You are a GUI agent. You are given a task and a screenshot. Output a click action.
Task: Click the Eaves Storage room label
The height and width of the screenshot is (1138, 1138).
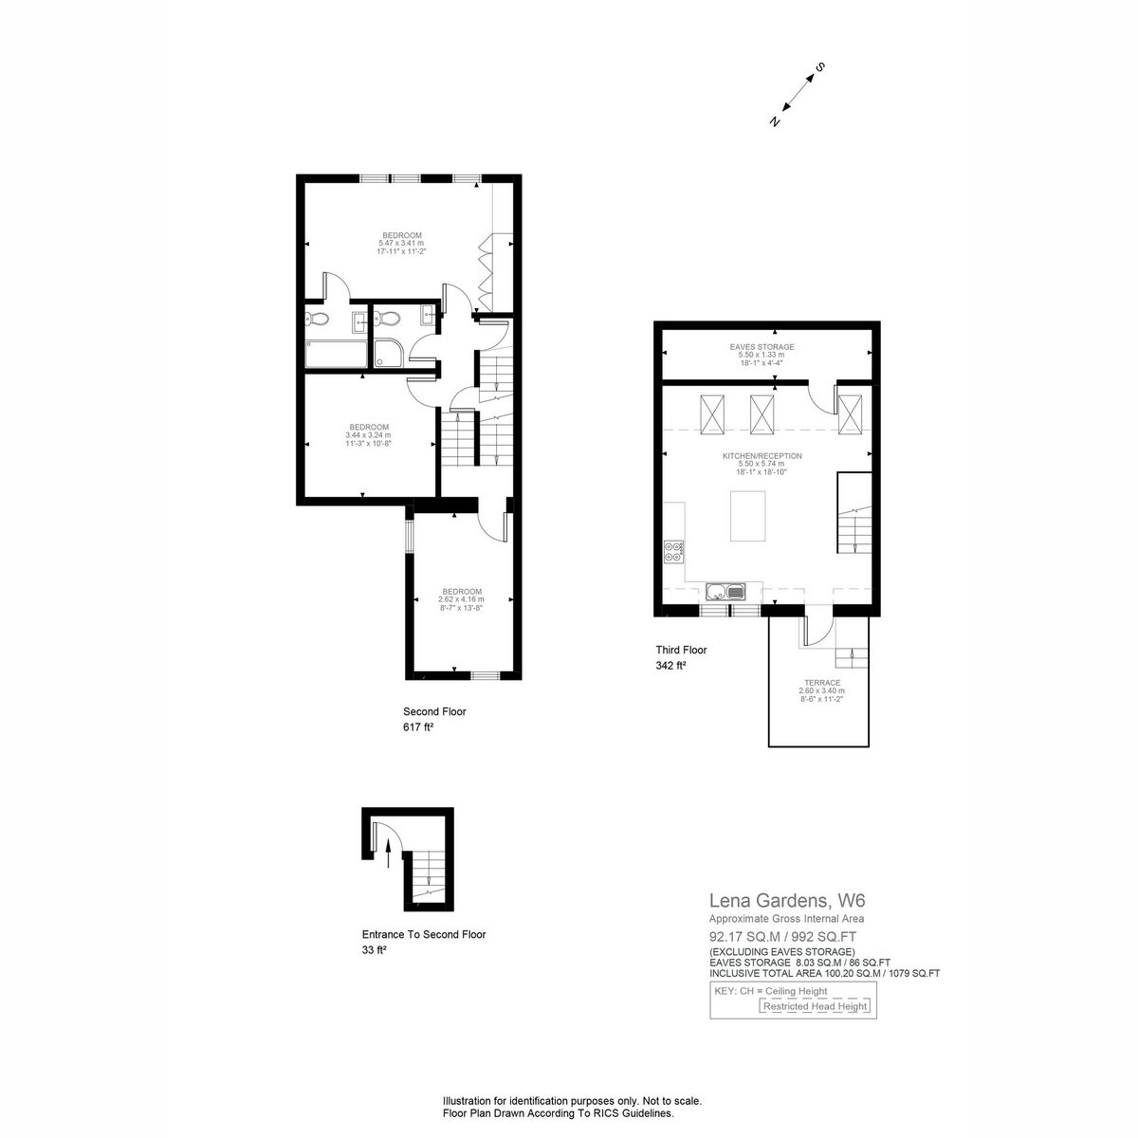pyautogui.click(x=762, y=347)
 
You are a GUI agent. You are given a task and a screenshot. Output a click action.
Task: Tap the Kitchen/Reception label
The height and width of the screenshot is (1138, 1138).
pyautogui.click(x=762, y=456)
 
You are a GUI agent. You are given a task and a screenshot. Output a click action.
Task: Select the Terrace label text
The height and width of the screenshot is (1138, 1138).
pyautogui.click(x=822, y=683)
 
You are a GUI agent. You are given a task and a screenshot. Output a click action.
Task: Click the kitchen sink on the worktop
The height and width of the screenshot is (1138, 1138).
pyautogui.click(x=726, y=591)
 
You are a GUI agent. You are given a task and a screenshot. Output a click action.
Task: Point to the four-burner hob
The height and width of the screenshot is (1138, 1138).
pyautogui.click(x=674, y=552)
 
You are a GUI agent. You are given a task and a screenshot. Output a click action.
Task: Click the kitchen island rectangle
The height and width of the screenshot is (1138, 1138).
pyautogui.click(x=747, y=516)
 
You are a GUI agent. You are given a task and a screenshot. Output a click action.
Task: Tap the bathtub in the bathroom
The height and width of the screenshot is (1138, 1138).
pyautogui.click(x=336, y=354)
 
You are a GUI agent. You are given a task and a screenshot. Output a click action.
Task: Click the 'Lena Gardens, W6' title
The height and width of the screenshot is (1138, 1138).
pyautogui.click(x=787, y=901)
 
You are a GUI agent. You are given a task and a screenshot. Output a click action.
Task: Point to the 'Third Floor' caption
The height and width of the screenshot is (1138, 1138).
pyautogui.click(x=681, y=651)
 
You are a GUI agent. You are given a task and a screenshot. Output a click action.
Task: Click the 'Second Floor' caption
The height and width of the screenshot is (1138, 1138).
pyautogui.click(x=434, y=711)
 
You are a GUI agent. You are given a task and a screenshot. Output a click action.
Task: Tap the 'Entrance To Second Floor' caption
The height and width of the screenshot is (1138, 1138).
pyautogui.click(x=424, y=935)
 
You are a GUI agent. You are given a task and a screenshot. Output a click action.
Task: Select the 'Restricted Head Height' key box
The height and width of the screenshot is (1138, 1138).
pyautogui.click(x=815, y=1006)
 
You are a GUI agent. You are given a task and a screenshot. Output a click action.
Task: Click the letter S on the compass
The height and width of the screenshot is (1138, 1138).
pyautogui.click(x=819, y=66)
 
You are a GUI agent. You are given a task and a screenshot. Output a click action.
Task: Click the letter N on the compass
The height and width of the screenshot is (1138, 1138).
pyautogui.click(x=776, y=120)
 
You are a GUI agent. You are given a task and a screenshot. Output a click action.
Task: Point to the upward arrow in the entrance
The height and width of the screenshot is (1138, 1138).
pyautogui.click(x=388, y=854)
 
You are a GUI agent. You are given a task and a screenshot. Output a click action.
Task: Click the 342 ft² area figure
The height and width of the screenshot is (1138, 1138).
pyautogui.click(x=670, y=666)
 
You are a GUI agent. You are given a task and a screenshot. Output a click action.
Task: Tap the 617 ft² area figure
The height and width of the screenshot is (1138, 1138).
pyautogui.click(x=419, y=727)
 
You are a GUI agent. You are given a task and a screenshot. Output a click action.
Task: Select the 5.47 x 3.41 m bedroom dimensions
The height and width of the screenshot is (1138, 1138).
pyautogui.click(x=401, y=243)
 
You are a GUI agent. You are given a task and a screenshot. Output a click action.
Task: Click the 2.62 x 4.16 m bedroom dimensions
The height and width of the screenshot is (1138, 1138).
pyautogui.click(x=461, y=598)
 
